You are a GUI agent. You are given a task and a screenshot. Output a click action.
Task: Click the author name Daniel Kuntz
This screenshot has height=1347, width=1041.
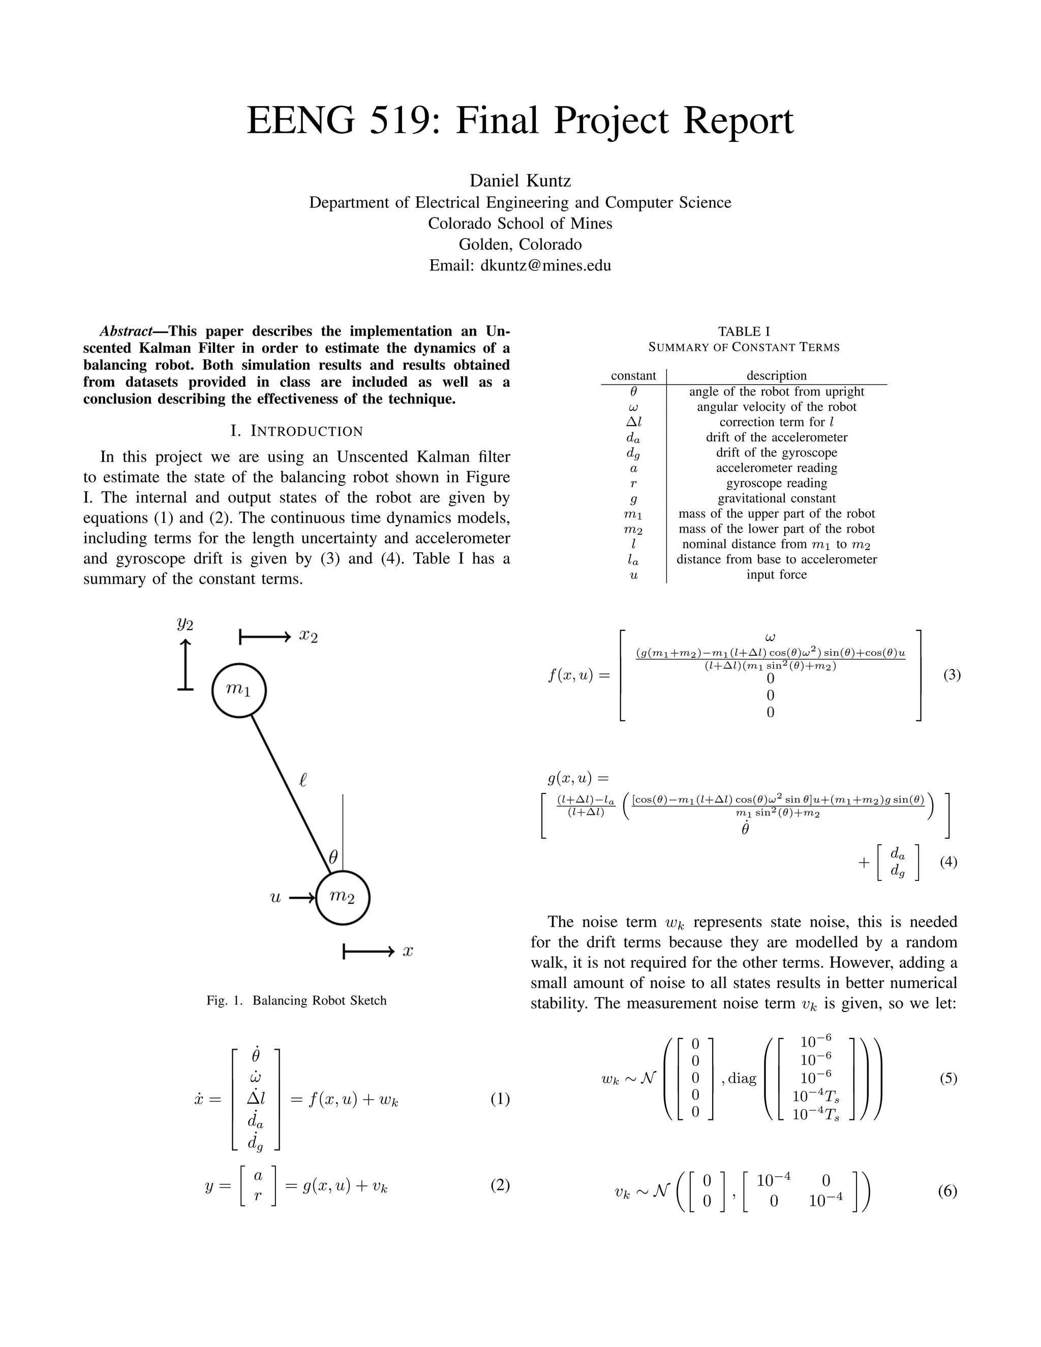click(x=520, y=181)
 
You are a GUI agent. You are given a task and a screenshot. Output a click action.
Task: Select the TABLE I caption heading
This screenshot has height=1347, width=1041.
click(x=744, y=331)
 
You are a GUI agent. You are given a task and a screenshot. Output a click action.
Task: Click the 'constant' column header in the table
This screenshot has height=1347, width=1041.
click(x=633, y=376)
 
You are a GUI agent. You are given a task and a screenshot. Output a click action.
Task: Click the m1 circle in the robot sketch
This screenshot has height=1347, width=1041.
click(x=239, y=690)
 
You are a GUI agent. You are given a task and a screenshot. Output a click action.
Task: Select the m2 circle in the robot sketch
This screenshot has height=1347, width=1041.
click(x=343, y=897)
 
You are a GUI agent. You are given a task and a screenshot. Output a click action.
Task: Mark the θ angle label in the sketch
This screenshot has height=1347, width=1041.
click(x=333, y=856)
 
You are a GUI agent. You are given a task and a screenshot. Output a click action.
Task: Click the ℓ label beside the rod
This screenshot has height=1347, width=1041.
click(x=303, y=780)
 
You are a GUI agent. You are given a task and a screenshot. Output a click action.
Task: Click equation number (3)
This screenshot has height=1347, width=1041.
click(x=952, y=675)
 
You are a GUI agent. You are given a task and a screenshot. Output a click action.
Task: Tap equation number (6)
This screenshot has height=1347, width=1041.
click(x=947, y=1191)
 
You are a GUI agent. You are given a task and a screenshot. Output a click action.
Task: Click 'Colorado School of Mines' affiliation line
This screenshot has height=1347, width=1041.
click(x=520, y=223)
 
